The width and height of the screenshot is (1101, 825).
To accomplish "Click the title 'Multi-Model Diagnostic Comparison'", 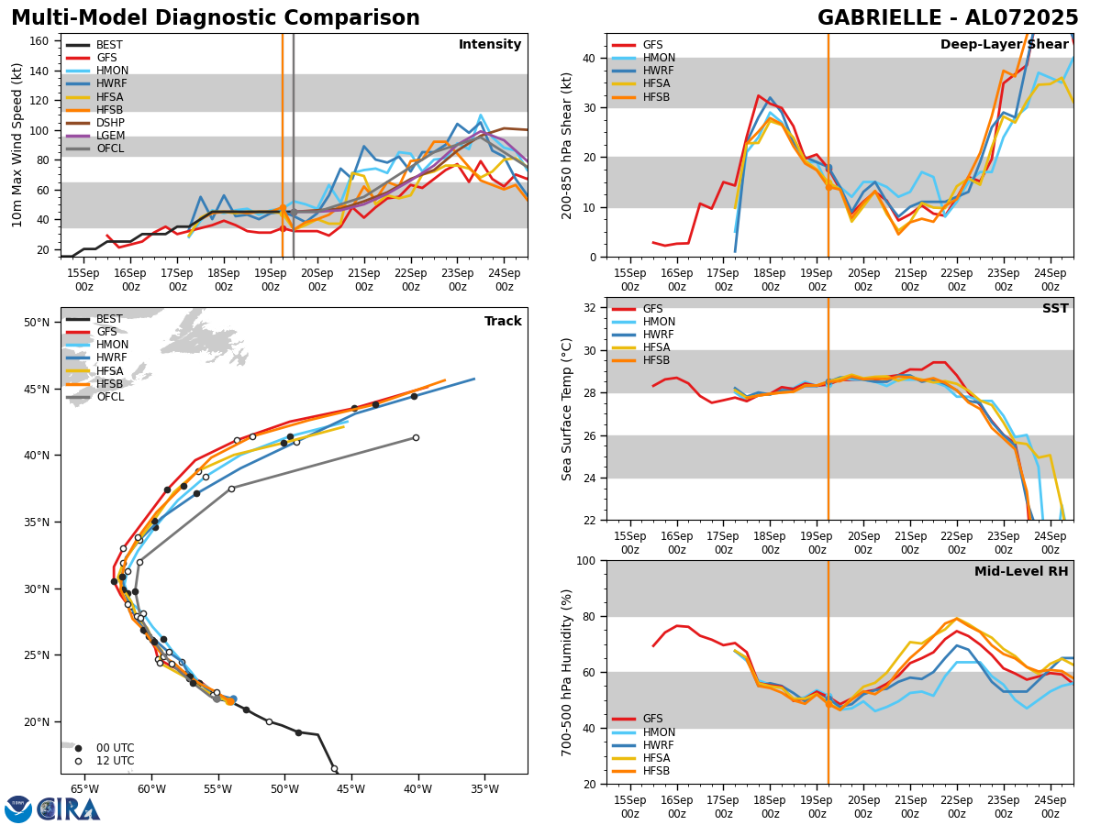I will pyautogui.click(x=216, y=18).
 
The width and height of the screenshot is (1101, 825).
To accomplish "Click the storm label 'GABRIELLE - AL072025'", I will pyautogui.click(x=948, y=18).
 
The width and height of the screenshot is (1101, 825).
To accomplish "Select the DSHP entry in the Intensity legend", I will pyautogui.click(x=110, y=123).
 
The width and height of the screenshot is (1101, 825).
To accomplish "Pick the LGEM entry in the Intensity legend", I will pyautogui.click(x=110, y=136).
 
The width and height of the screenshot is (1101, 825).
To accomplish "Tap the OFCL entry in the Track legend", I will pyautogui.click(x=110, y=397).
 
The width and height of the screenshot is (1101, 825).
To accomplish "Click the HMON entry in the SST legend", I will pyautogui.click(x=659, y=322).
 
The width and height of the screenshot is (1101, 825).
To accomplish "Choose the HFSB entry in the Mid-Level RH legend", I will pyautogui.click(x=656, y=771).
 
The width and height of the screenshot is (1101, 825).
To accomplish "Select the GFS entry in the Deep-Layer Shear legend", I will pyautogui.click(x=652, y=45).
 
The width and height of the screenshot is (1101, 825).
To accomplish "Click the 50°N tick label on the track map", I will pyautogui.click(x=37, y=323).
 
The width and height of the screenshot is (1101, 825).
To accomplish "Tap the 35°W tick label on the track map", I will pyautogui.click(x=484, y=788).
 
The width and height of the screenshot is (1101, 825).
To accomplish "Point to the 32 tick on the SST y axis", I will pyautogui.click(x=590, y=308).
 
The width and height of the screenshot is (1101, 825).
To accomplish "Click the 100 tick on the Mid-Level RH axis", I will pyautogui.click(x=586, y=561).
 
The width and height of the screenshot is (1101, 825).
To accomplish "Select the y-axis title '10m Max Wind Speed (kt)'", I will pyautogui.click(x=17, y=145).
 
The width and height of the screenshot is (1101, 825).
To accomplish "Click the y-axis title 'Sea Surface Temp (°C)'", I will pyautogui.click(x=567, y=409).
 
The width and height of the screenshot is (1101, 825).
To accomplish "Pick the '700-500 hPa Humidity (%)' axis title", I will pyautogui.click(x=567, y=672).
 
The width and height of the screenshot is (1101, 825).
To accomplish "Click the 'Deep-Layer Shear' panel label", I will pyautogui.click(x=1003, y=45).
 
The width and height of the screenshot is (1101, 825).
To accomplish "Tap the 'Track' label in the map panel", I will pyautogui.click(x=503, y=322).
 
